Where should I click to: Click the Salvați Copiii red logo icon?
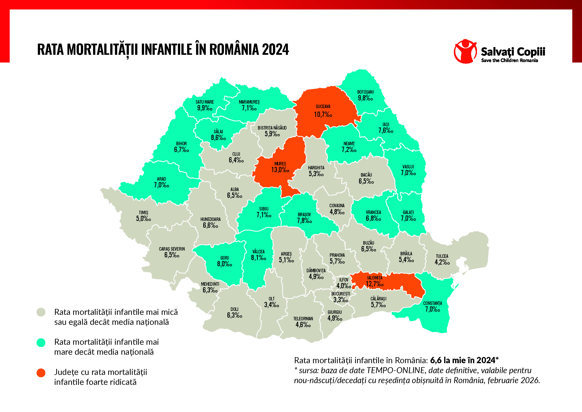(465, 51)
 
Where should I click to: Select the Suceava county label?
(323, 107)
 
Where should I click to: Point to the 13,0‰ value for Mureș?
(280, 170)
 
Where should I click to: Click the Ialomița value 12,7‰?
(375, 284)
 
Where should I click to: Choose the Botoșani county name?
(365, 92)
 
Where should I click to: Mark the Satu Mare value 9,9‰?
(205, 108)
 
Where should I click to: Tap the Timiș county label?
(144, 212)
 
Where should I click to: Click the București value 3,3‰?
(341, 300)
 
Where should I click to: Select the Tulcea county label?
(442, 256)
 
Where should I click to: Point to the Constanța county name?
(432, 303)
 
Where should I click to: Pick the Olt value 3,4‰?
(272, 305)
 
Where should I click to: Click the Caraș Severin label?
(172, 249)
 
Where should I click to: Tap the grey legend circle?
(41, 312)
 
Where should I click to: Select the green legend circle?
(41, 343)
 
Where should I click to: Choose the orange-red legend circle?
(41, 373)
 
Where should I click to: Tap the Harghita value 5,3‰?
(316, 174)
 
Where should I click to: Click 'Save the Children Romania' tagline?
(510, 60)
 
